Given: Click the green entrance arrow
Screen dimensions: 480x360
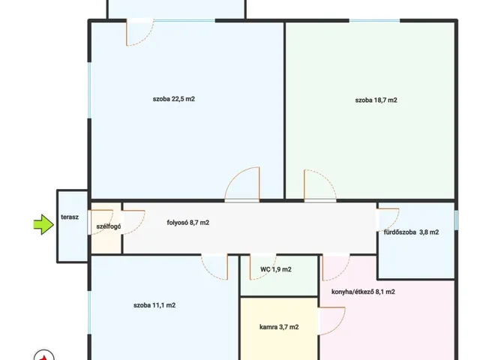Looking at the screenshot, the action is pos(43,225).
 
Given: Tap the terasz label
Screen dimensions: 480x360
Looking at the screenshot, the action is pos(70,217).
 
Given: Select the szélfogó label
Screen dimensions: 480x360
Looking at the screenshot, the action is pos(109,226).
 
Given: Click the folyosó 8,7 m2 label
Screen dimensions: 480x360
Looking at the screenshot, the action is pos(188,223).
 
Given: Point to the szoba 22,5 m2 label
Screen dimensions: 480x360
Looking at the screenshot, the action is pos(174,99).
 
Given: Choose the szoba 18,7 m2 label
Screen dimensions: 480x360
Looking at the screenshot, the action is pos(376,100).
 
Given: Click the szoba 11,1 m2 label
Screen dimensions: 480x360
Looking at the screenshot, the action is pos(154,305).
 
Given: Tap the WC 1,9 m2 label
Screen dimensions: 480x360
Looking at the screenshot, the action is pos(276,269).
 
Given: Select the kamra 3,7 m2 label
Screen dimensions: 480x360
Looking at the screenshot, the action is pos(279,327).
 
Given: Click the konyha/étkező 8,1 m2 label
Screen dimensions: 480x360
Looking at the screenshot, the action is pos(363,292).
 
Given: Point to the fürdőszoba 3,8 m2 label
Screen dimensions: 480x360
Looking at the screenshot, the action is pos(412,232).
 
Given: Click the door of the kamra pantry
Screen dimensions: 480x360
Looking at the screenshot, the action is pos(332,321).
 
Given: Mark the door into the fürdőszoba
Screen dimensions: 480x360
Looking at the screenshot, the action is pos(388,220).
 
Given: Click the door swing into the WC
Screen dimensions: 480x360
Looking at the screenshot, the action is pos(262,267).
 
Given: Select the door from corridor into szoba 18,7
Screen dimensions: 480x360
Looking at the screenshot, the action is pos(320,186).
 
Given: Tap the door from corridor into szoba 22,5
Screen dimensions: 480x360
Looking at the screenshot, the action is pos(242,184).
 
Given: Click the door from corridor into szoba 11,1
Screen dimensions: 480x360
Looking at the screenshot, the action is pos(214,267).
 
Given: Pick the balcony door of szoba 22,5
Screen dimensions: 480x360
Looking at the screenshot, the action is pos(140,32).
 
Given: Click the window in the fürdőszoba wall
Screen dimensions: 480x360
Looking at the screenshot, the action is pos(456,220).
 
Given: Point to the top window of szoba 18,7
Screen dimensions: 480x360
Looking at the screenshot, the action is pos(375,21).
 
